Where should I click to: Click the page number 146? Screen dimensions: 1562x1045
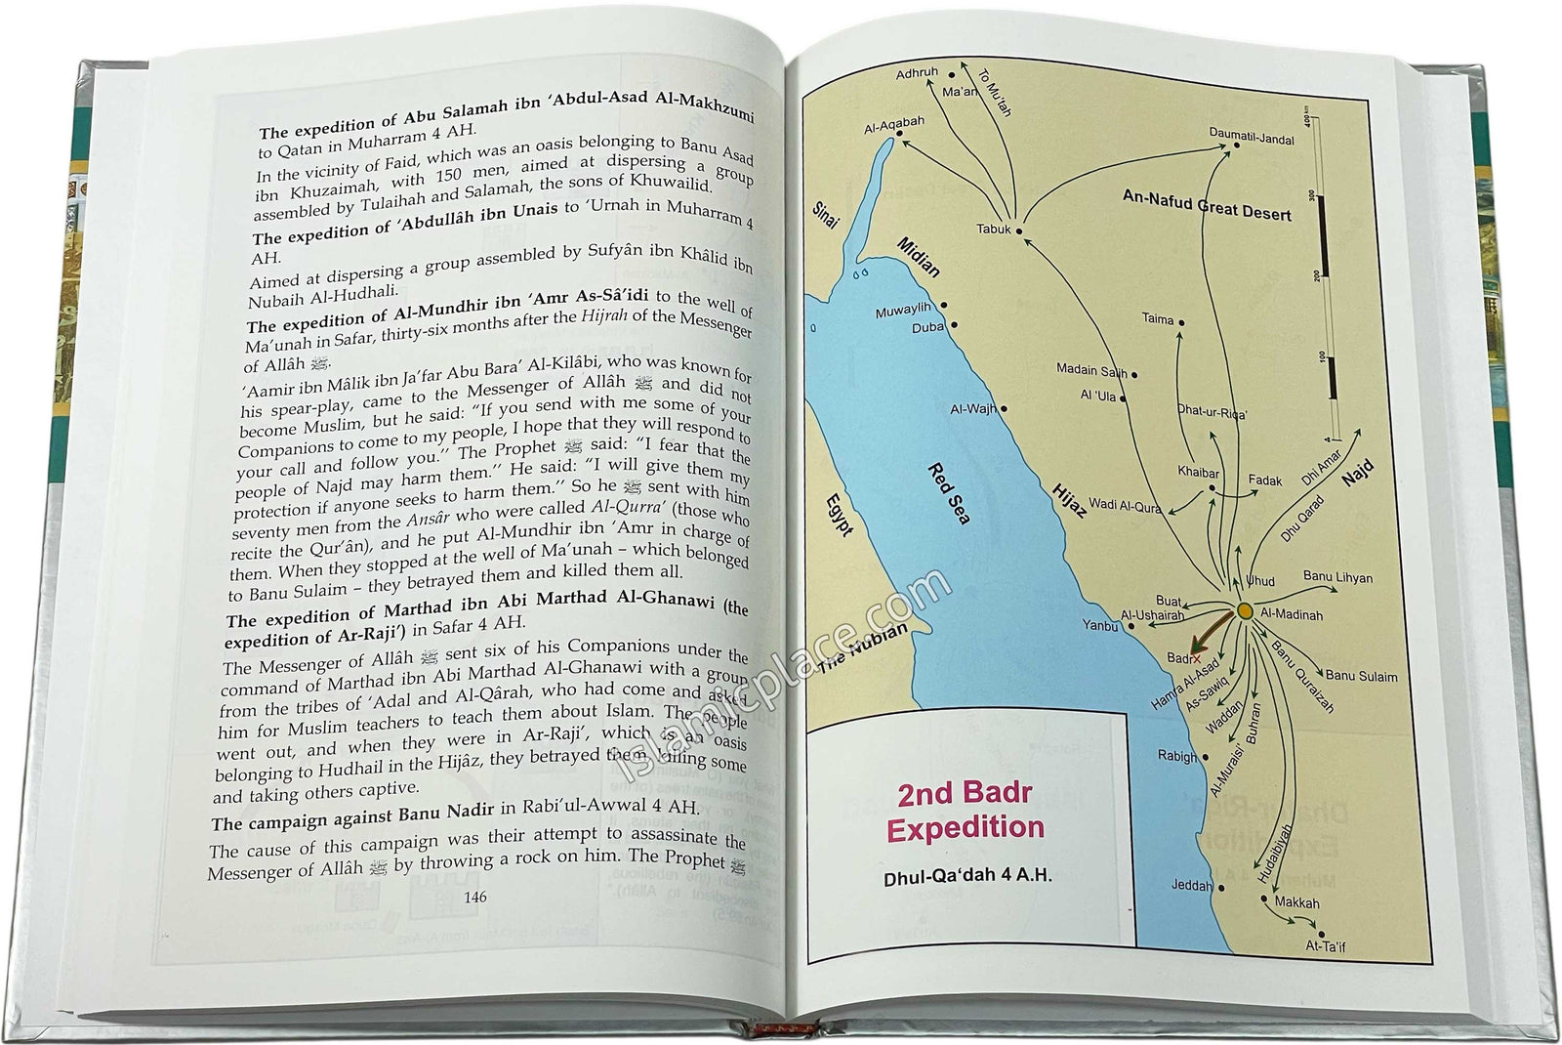click(x=475, y=898)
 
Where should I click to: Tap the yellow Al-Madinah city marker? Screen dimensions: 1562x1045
click(x=1245, y=610)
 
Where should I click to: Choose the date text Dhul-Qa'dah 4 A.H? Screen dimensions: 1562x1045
click(x=967, y=876)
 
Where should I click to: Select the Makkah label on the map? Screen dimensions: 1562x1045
click(x=1297, y=903)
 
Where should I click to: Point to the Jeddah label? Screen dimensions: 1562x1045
click(x=1191, y=887)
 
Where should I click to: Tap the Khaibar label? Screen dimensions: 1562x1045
click(x=1198, y=473)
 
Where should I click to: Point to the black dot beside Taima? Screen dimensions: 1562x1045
click(x=1181, y=321)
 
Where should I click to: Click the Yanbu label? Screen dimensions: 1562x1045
click(x=1099, y=625)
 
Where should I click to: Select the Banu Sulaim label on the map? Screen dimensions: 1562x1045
click(x=1361, y=676)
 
